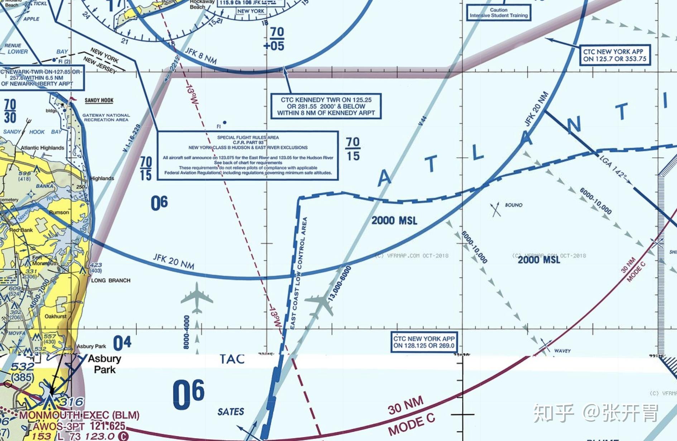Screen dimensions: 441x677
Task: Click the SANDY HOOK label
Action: [99, 100]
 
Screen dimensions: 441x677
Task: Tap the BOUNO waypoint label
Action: [513, 205]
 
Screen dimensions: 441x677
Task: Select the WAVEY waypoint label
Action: [562, 351]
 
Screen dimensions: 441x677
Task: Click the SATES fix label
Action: [231, 412]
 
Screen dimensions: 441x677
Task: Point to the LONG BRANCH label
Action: [111, 280]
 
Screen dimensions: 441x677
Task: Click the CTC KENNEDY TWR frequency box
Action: [326, 106]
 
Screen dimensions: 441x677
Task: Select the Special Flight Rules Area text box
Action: [248, 155]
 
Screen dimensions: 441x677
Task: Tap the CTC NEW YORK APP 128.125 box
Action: [424, 342]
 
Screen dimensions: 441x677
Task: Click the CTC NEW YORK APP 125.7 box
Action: [615, 55]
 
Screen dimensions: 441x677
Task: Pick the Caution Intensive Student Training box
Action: [499, 13]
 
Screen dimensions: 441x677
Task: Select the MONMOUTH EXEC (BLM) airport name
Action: [79, 415]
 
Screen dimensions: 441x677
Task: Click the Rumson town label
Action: [59, 212]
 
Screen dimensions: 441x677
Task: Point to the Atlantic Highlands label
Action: [42, 148]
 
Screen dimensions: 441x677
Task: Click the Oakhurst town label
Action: [56, 316]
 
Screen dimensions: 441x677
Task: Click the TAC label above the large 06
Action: [232, 359]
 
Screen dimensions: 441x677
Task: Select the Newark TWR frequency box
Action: [41, 78]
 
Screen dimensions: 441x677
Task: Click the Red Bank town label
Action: [21, 230]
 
